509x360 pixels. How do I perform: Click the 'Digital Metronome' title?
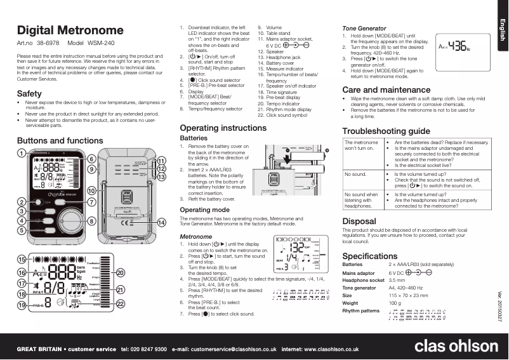[70, 30]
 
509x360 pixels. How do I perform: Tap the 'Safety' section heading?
[29, 93]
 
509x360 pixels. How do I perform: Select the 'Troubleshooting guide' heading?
[386, 131]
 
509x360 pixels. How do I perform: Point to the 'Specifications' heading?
[370, 255]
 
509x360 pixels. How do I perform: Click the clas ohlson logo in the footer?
[456, 346]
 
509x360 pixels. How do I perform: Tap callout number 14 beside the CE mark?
[162, 222]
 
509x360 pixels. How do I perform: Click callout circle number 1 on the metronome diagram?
[21, 153]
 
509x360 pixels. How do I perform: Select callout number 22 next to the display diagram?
[120, 304]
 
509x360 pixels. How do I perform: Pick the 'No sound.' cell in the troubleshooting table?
[355, 173]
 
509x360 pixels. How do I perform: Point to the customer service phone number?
[143, 349]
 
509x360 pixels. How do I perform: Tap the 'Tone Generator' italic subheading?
[364, 29]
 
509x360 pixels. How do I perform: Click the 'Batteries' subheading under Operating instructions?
[194, 138]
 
